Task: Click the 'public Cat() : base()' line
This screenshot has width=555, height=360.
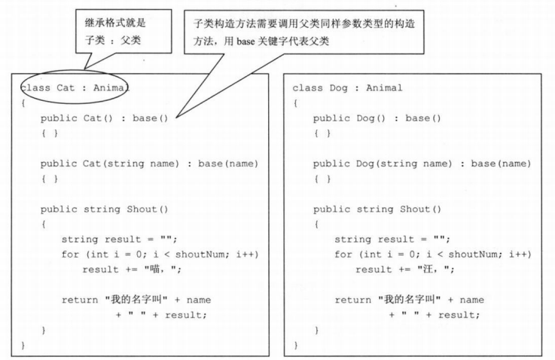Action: (x=105, y=118)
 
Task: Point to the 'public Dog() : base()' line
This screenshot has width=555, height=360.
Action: (x=377, y=118)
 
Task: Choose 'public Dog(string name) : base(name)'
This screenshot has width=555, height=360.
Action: (x=422, y=163)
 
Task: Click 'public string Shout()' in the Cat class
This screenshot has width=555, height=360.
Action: (x=105, y=209)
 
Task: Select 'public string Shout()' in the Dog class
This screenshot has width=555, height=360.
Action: (x=377, y=209)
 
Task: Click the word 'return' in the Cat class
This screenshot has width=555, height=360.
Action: (x=78, y=299)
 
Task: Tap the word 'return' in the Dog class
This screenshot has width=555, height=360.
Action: (x=351, y=299)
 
